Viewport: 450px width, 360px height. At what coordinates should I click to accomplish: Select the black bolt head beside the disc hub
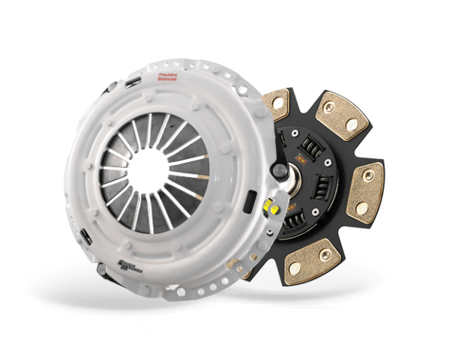(x=279, y=171)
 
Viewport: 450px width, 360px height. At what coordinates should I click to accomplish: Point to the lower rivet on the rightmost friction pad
(x=361, y=206)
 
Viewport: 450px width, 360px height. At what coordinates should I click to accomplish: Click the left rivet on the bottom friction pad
(x=295, y=267)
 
